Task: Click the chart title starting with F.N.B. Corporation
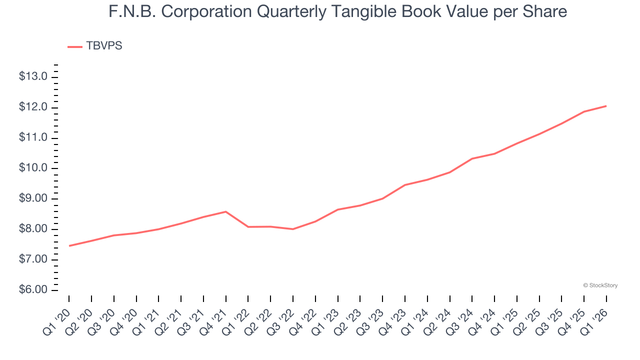coord(338,11)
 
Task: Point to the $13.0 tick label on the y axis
coord(33,77)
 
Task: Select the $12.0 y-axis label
coord(33,107)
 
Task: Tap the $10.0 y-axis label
coord(33,168)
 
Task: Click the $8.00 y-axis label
coord(33,229)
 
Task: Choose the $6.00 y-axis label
coord(33,290)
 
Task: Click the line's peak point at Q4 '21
coord(226,211)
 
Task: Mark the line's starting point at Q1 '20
coord(69,246)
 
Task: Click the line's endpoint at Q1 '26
coord(606,106)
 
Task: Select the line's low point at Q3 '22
coord(293,229)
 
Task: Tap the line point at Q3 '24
coord(472,158)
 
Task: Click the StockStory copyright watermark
coord(600,285)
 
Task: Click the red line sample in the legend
coord(75,46)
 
